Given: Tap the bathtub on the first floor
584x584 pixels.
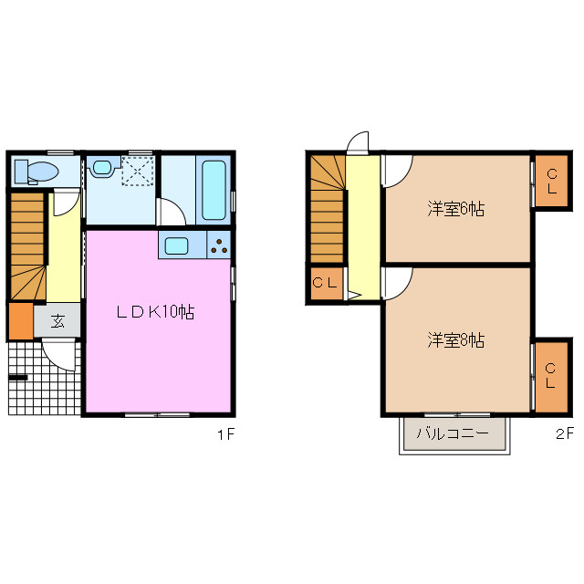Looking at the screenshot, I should (x=213, y=190).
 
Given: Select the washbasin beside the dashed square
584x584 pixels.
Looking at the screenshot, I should (x=101, y=169).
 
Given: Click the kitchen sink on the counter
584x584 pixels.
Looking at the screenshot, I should (x=176, y=245).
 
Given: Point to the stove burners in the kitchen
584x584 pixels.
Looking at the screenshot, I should (x=221, y=245).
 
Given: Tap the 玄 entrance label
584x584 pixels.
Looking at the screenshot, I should (x=57, y=320).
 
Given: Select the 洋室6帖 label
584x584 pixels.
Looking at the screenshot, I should (x=455, y=208).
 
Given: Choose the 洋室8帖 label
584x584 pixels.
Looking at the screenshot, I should (x=455, y=340).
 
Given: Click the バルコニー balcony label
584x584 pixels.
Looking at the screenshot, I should (x=454, y=433).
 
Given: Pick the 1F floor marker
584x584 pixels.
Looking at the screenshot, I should (x=226, y=435).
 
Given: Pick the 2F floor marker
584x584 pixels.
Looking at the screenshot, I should (x=563, y=435).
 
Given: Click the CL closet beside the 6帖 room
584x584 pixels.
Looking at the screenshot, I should (x=551, y=182).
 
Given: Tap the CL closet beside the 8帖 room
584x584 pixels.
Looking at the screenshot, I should (x=551, y=375).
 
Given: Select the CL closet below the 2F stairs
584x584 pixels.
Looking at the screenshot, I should (x=326, y=283).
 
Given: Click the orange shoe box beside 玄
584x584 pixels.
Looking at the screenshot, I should (x=20, y=320).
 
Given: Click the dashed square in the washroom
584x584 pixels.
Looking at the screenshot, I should (x=138, y=171).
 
